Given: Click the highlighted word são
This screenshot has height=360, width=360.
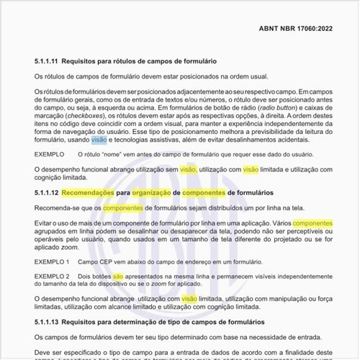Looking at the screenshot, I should (x=118, y=276).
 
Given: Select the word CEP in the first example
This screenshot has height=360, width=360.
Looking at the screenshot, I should (x=107, y=261).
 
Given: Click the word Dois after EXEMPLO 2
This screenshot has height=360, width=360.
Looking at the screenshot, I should (x=86, y=276).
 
